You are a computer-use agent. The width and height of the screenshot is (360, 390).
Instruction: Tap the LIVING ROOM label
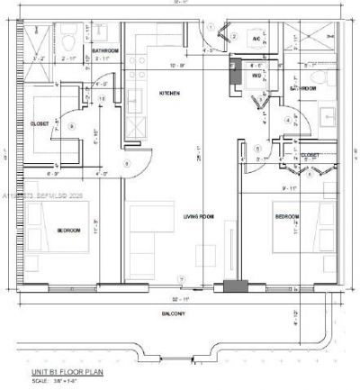click(x=197, y=216)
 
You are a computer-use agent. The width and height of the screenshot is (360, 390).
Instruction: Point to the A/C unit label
click(x=256, y=41)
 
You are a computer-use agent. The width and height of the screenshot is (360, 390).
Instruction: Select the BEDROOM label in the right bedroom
click(x=286, y=218)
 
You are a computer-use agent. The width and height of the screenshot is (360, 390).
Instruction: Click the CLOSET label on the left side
click(x=39, y=124)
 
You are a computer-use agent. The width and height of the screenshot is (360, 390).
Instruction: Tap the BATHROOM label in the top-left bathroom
click(x=105, y=50)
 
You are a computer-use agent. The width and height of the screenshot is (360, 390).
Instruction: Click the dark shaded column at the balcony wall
click(x=235, y=287)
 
